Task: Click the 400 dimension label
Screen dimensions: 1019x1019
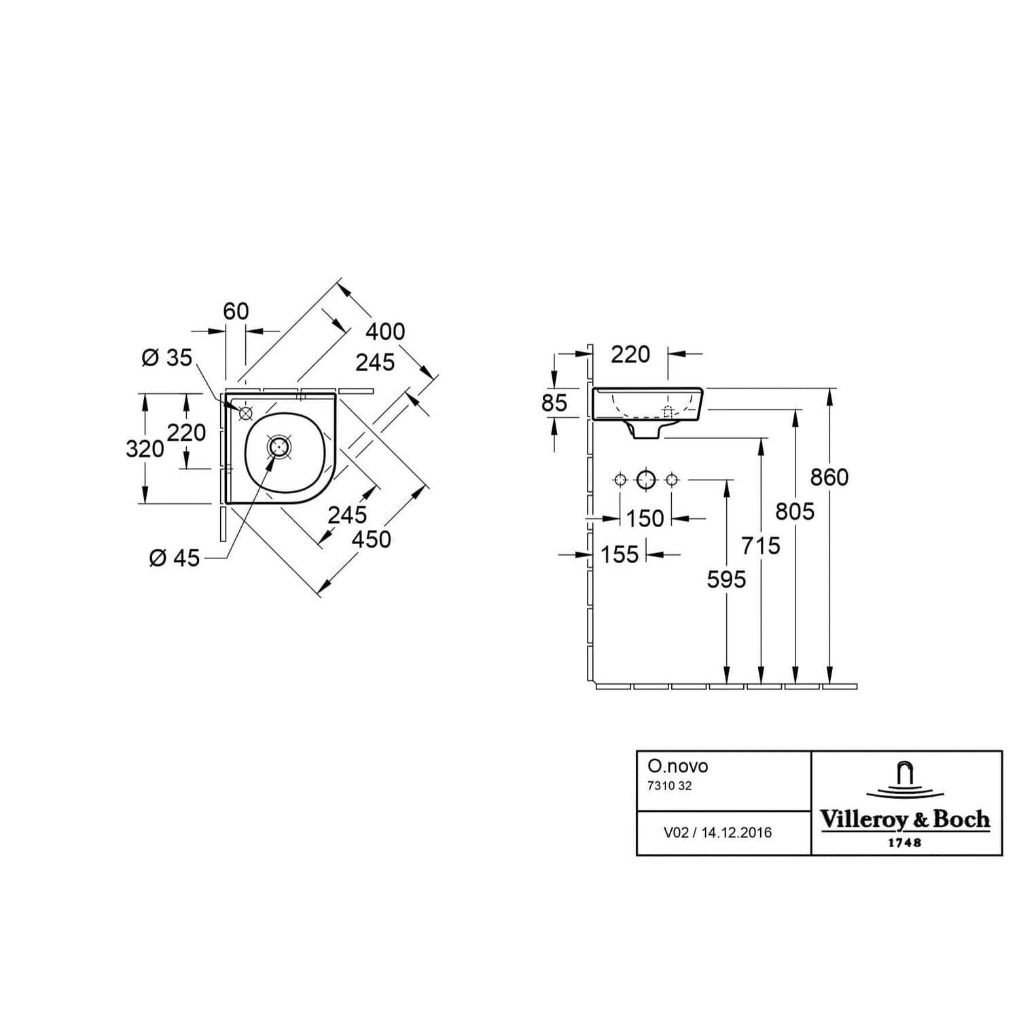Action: [x=385, y=332]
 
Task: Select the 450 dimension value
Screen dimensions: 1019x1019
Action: [x=372, y=539]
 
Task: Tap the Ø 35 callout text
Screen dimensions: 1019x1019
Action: [x=167, y=357]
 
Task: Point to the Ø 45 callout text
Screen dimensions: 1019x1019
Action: [x=175, y=558]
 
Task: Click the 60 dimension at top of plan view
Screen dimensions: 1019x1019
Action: [x=236, y=311]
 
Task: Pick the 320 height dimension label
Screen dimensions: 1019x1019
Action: [x=145, y=448]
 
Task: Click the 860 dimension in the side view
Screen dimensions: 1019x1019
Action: [x=829, y=478]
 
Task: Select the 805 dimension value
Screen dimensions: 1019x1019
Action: [x=795, y=512]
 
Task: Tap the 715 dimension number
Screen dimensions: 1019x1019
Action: [x=761, y=546]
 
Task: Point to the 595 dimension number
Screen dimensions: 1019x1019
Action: [x=726, y=579]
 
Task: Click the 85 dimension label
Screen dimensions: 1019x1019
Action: [x=554, y=403]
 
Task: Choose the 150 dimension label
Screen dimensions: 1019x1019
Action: [x=645, y=519]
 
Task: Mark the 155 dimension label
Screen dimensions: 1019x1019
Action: [x=620, y=555]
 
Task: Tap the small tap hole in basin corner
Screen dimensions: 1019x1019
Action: [x=245, y=412]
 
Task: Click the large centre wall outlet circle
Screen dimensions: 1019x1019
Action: [x=646, y=480]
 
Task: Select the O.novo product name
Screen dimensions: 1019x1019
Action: [x=678, y=766]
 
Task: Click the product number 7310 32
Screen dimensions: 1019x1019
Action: [x=670, y=786]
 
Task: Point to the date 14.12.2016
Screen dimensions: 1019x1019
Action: [x=736, y=833]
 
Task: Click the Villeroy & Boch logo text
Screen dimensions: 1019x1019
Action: [x=906, y=819]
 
